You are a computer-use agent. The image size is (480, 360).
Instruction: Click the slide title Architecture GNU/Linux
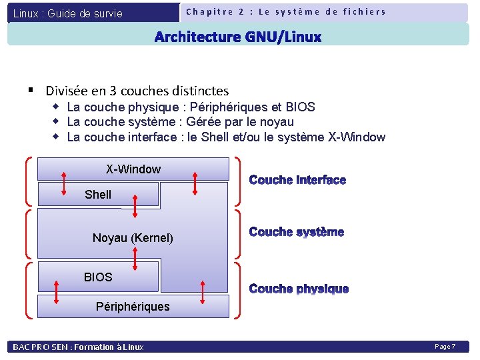[x=238, y=37]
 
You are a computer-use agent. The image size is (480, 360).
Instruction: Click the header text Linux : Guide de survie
[x=68, y=13]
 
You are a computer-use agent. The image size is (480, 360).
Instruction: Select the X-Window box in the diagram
[x=133, y=169]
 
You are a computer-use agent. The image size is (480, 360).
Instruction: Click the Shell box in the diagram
[x=98, y=195]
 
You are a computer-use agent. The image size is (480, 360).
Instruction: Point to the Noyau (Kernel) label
[x=133, y=238]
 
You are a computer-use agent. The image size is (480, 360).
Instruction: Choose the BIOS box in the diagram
[x=98, y=277]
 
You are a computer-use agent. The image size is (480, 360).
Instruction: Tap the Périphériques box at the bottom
[x=133, y=307]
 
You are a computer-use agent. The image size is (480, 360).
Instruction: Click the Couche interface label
[x=297, y=180]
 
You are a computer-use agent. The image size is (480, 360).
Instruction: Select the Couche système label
[x=297, y=232]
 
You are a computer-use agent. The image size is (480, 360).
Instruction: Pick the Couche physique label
[x=299, y=289]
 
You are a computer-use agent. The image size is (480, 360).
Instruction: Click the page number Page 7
[x=445, y=347]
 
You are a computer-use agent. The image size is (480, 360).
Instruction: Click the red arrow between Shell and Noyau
[x=135, y=206]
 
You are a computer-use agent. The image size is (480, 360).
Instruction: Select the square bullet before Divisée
[x=31, y=89]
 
